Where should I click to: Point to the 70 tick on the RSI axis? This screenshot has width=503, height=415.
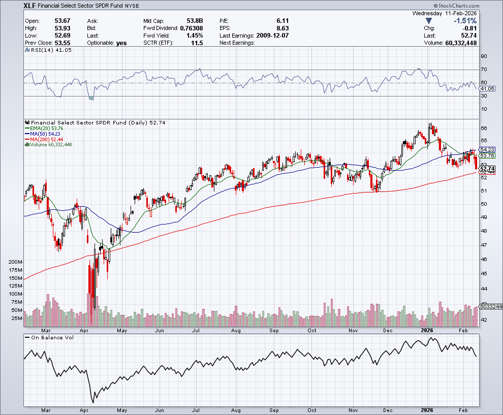pos(484,69)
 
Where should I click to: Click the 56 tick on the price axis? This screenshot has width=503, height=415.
pos(484,128)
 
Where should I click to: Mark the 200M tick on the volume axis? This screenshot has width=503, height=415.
pos(15,262)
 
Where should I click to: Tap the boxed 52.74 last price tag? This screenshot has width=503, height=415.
pos(487,169)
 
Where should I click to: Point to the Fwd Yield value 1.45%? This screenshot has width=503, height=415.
pos(194,36)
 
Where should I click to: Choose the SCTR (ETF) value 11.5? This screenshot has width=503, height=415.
pos(197,43)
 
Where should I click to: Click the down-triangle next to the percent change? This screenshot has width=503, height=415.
pos(429,21)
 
